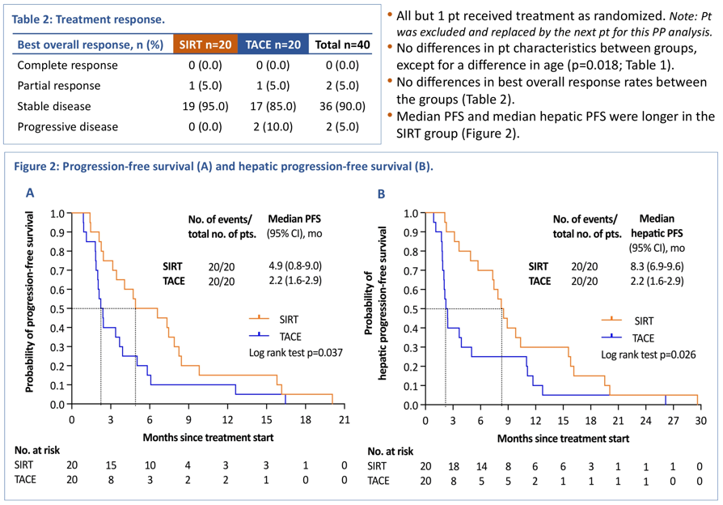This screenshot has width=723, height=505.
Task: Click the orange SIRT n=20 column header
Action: (205, 45)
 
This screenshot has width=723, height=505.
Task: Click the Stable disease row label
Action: (54, 106)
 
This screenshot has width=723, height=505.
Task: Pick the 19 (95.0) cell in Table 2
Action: (205, 106)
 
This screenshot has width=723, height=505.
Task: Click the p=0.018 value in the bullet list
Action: (594, 66)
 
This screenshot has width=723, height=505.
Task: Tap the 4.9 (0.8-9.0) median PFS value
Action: (302, 265)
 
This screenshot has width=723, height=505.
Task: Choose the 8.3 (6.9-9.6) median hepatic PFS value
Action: (663, 265)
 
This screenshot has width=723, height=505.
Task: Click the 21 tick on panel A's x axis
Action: (344, 420)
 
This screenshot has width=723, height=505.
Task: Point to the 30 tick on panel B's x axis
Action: (700, 421)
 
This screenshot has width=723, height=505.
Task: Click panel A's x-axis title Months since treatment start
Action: (209, 437)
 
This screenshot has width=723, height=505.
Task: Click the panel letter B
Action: (380, 193)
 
